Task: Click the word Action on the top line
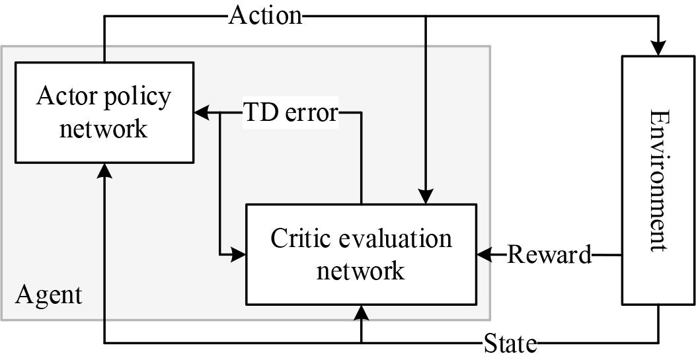click(x=265, y=15)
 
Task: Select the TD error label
click(x=291, y=112)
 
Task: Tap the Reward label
click(x=549, y=254)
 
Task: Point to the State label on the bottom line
click(x=510, y=343)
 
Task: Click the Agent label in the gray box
click(x=49, y=295)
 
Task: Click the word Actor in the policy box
click(x=63, y=96)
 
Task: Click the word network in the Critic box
click(x=360, y=270)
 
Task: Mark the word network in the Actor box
click(x=103, y=128)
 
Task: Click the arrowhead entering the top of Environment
click(x=658, y=49)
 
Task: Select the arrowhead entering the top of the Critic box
click(x=426, y=197)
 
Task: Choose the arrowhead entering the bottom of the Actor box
click(x=104, y=170)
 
